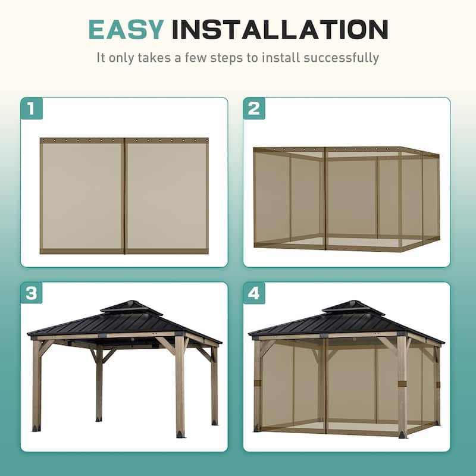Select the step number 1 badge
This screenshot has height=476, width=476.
(32, 108)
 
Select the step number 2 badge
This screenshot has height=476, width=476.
(254, 108)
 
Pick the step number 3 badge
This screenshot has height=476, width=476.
(32, 293)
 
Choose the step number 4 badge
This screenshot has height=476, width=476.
(254, 293)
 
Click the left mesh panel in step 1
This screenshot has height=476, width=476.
(82, 196)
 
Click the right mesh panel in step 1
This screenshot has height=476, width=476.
(167, 196)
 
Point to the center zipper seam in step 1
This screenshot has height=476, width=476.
(124, 196)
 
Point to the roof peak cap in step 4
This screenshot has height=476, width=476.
(345, 306)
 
